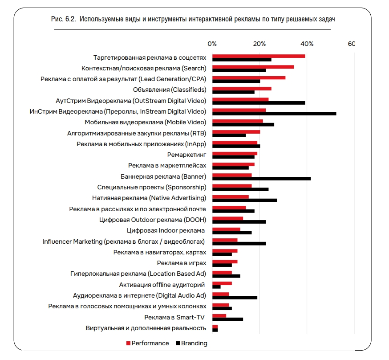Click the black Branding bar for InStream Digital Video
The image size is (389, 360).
(274, 113)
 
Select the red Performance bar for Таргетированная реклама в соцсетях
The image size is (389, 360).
(259, 56)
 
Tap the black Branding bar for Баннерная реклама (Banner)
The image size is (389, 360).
(261, 178)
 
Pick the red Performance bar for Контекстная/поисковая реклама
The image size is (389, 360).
(253, 67)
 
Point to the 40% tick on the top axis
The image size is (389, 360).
(307, 44)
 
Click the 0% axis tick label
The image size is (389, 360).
(212, 44)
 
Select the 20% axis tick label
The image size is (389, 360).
(259, 44)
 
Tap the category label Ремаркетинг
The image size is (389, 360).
(186, 155)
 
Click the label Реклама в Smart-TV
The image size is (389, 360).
(175, 317)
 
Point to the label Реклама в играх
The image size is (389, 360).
(182, 263)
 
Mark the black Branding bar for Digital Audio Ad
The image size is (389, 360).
(235, 297)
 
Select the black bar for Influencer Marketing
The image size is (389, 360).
(239, 243)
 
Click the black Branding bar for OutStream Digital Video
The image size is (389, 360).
(259, 102)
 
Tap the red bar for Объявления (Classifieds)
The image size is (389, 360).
(242, 89)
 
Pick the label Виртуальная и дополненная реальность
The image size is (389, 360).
(146, 328)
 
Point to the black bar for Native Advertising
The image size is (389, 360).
(244, 200)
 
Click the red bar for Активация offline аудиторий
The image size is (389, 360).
(222, 283)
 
